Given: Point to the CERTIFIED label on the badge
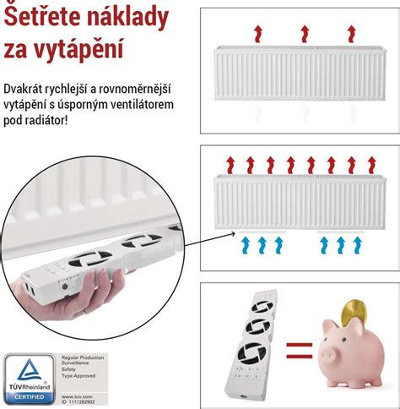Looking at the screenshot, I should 30,398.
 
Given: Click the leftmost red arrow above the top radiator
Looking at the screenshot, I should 258,34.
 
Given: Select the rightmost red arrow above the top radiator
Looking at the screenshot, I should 351,34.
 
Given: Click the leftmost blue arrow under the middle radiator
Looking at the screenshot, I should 246,245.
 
